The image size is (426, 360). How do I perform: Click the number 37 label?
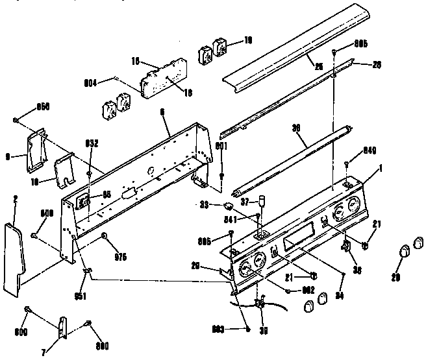coord(247,202)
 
